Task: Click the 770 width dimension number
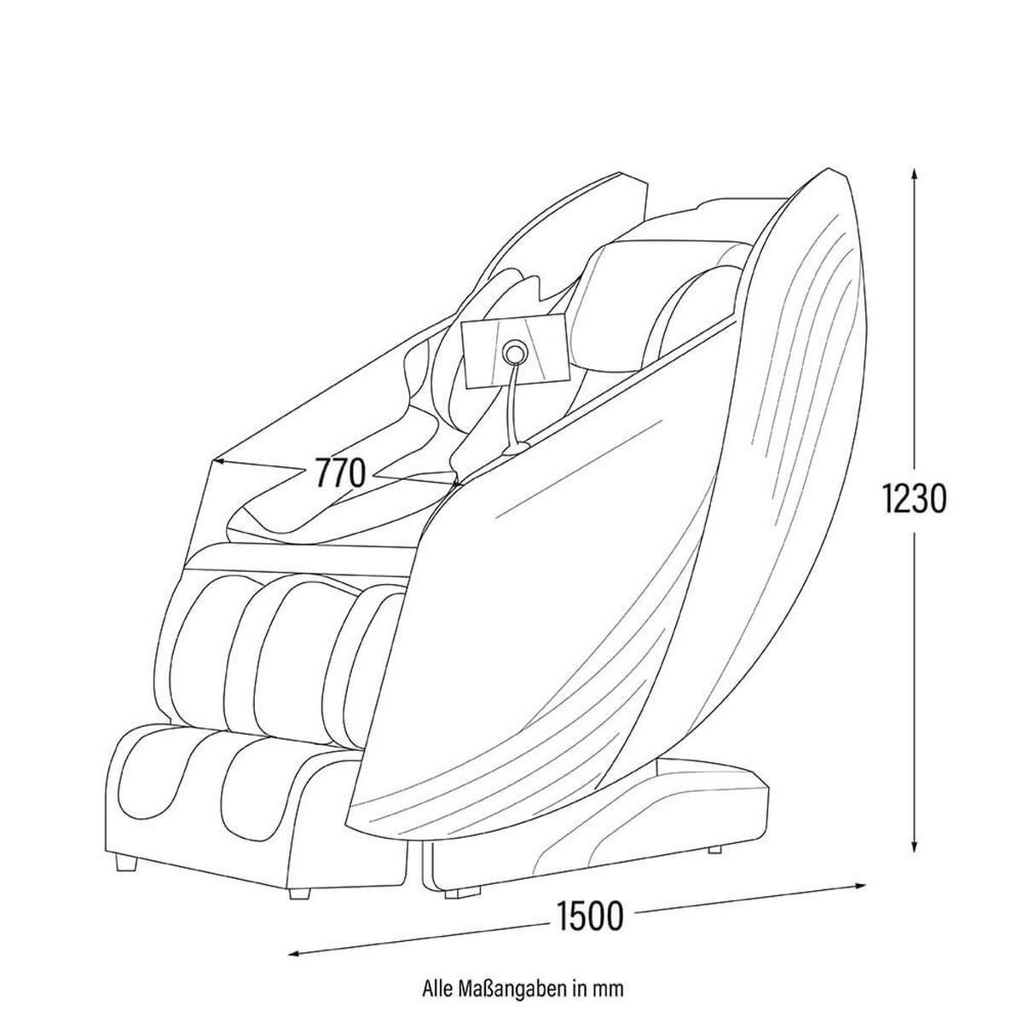click(340, 473)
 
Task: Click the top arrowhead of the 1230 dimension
click(913, 176)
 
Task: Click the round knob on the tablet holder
click(513, 351)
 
